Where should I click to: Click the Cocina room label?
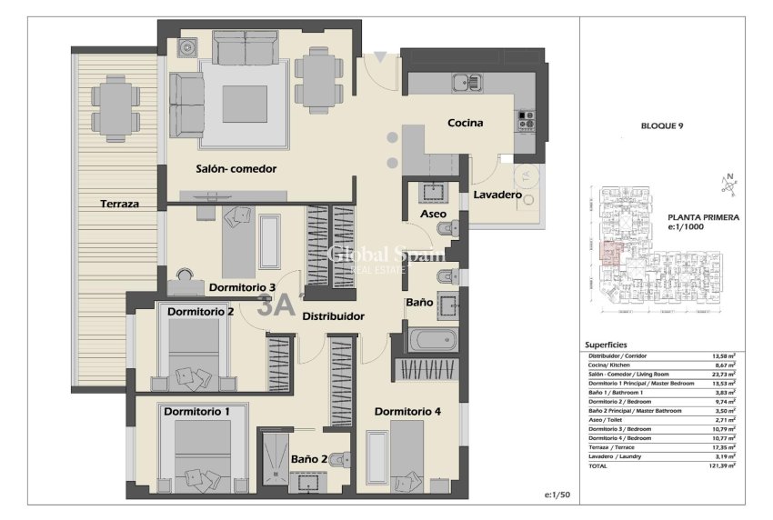[465, 123]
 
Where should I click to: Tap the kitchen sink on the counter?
[469, 82]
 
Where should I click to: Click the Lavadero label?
[497, 195]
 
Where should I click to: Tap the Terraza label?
[120, 205]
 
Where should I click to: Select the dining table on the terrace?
[115, 106]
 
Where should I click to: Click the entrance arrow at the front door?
[379, 57]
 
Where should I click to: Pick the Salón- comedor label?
[236, 168]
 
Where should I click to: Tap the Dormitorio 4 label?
[407, 411]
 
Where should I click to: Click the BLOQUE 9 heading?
[662, 125]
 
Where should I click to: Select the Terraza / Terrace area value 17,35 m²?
[724, 447]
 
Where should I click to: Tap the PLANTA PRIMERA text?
[703, 217]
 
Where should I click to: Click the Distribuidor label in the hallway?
[333, 316]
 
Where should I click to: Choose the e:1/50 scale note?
[556, 495]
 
